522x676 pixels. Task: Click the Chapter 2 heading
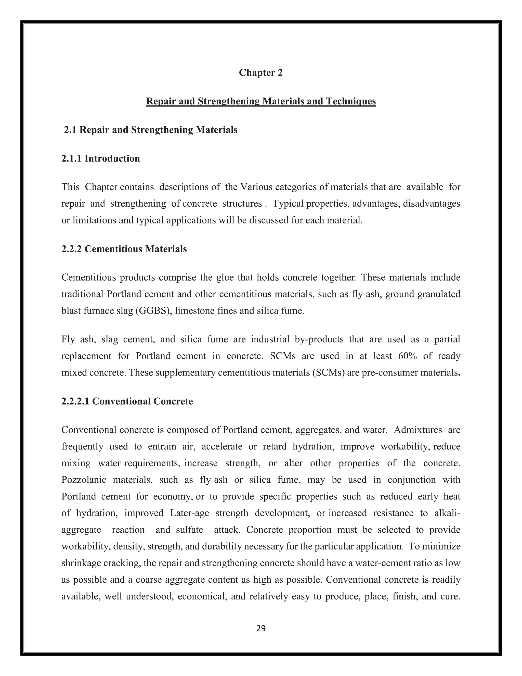click(261, 73)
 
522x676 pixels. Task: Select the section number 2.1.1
click(71, 158)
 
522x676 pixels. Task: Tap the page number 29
click(261, 628)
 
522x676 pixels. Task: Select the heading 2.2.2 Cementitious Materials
click(124, 249)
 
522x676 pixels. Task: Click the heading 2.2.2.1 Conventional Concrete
click(127, 401)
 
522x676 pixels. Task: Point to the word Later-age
click(190, 513)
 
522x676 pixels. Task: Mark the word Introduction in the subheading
click(112, 158)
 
